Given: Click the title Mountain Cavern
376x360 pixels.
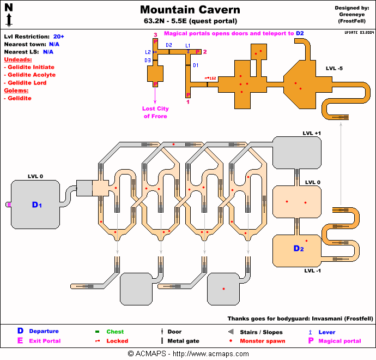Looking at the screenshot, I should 190,10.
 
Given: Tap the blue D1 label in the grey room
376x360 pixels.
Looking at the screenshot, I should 37,205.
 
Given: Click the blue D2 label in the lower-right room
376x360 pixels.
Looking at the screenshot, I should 298,249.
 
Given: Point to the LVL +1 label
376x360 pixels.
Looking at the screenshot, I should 312,133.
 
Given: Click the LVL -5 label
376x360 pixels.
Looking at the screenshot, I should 334,68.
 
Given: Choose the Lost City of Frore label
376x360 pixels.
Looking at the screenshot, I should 155,112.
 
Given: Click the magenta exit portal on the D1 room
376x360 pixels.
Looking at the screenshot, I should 8,205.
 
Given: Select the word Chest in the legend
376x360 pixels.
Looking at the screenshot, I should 115,332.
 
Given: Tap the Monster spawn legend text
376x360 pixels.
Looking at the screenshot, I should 262,341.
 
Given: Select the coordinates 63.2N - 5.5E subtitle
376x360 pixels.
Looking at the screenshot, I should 190,22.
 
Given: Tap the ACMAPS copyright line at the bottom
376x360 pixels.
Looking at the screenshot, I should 188,353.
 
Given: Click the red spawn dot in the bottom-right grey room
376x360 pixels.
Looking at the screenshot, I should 223,288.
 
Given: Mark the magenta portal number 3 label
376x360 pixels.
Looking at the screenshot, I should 155,34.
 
